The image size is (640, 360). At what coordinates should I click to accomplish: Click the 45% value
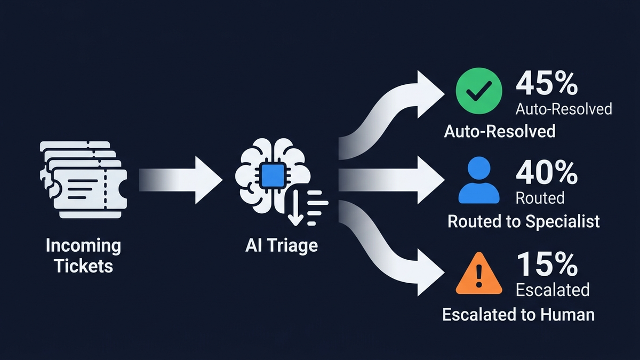(x=547, y=84)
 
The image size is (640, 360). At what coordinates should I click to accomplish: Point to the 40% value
(x=547, y=173)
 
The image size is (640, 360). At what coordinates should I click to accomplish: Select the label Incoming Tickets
(x=83, y=255)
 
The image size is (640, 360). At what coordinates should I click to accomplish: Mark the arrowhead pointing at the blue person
(x=429, y=180)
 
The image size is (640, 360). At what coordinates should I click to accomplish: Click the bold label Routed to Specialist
(x=524, y=221)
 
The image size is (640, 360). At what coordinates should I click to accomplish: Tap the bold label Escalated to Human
(x=518, y=314)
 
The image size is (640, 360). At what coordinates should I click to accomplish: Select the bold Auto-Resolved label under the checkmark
(x=500, y=131)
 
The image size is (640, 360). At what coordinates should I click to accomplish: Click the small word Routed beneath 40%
(x=540, y=198)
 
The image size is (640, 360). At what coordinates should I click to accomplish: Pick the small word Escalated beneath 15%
(x=553, y=290)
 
